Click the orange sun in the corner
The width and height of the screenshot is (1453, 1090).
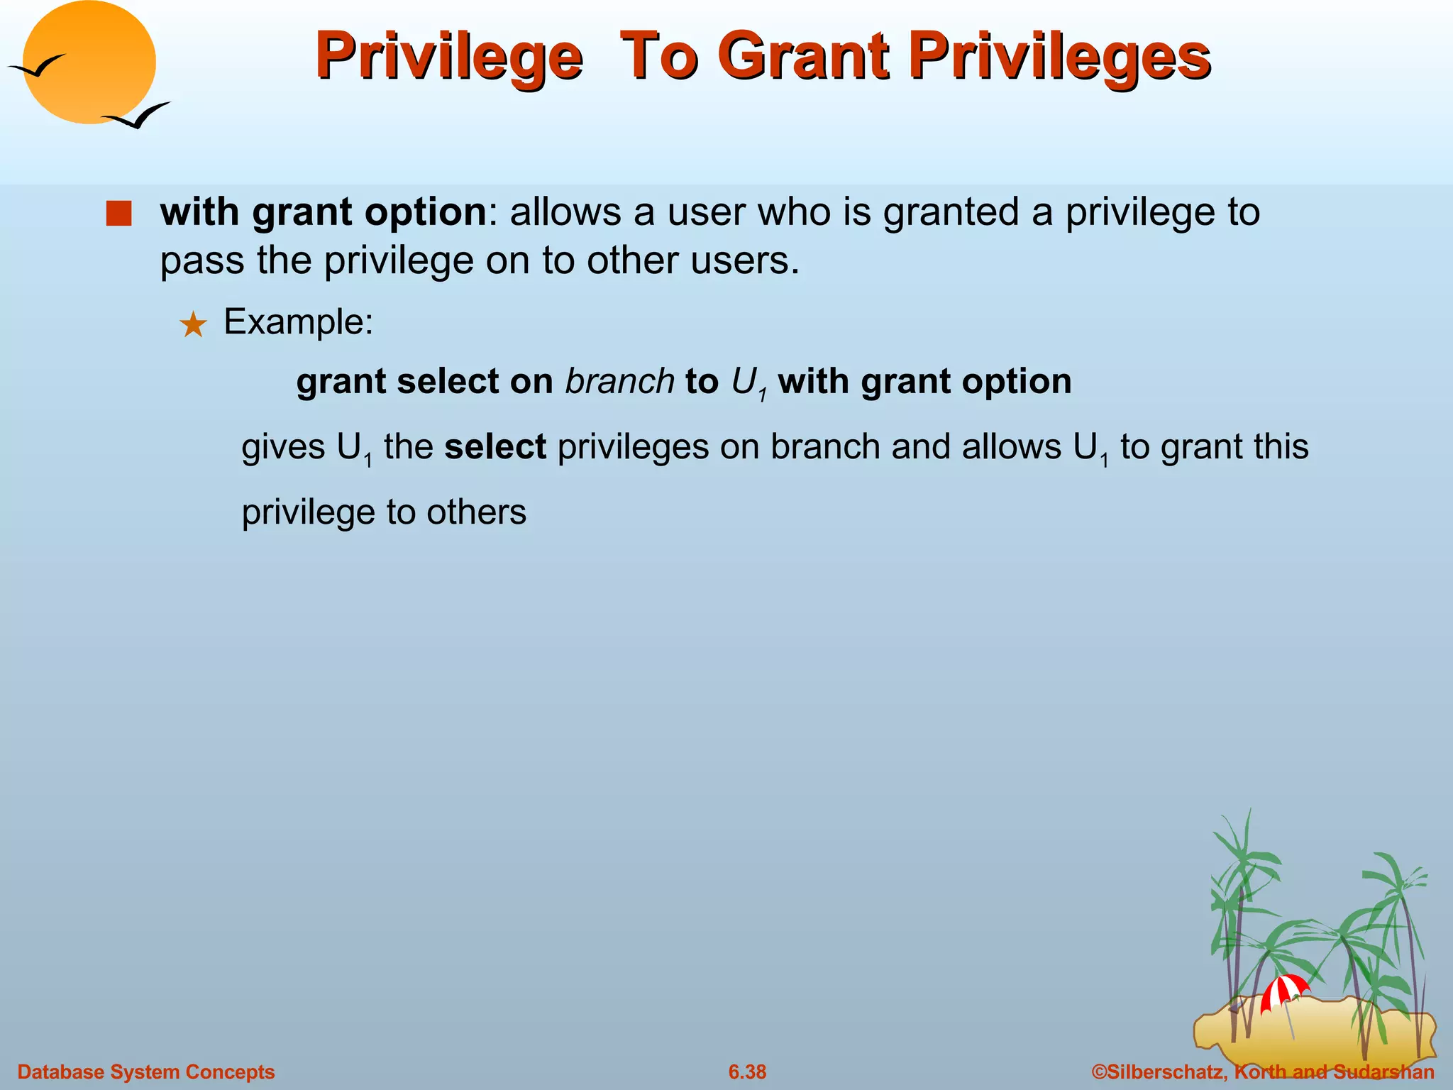click(89, 62)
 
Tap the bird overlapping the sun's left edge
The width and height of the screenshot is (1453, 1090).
click(37, 67)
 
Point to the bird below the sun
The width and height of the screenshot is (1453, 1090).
click(137, 116)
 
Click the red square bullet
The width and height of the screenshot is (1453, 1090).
click(118, 214)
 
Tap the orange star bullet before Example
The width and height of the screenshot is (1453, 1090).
click(192, 326)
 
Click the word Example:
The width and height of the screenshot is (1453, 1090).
click(298, 322)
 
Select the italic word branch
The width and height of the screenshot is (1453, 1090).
click(619, 382)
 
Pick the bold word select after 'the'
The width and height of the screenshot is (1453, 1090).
click(495, 447)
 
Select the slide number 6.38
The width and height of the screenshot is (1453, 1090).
click(747, 1072)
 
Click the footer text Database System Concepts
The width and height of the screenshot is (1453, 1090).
click(145, 1072)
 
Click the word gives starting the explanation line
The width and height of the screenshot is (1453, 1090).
click(283, 448)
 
